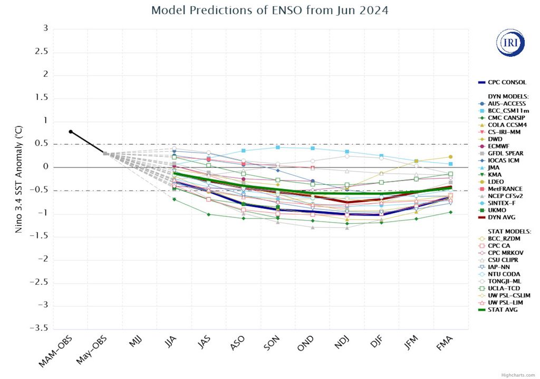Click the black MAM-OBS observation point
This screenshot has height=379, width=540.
(x=71, y=132)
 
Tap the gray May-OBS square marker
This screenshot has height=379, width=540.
(x=105, y=154)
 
